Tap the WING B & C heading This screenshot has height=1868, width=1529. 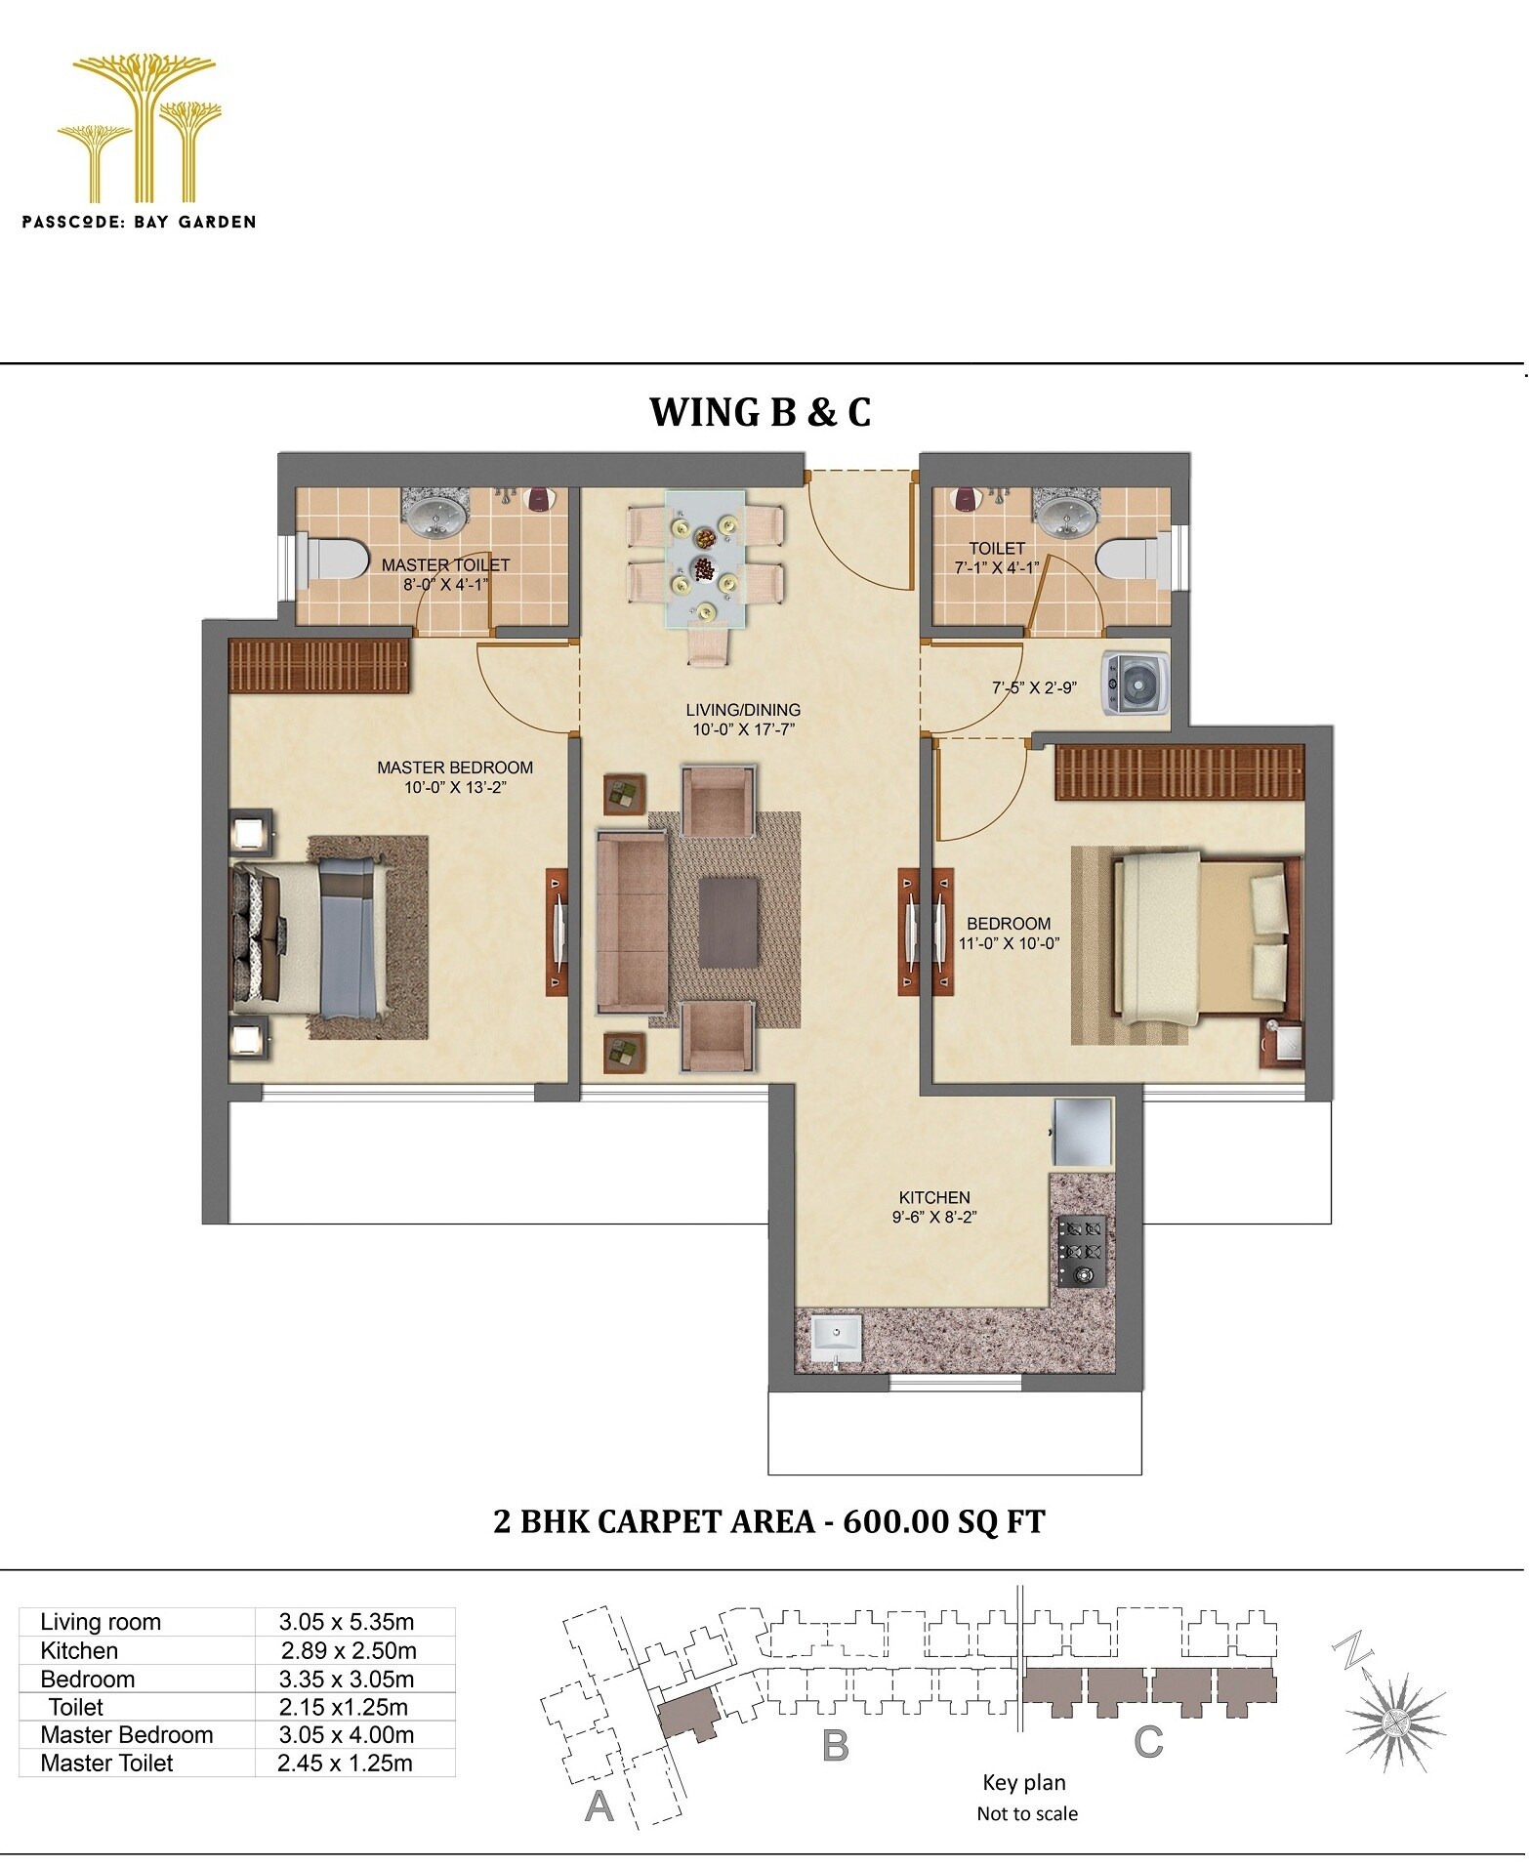[x=760, y=412]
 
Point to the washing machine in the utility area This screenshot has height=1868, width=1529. [x=1136, y=684]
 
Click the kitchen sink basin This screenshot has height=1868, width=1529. [x=836, y=1334]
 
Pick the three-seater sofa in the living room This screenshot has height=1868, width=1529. [x=632, y=921]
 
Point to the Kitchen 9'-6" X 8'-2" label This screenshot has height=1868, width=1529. [x=934, y=1207]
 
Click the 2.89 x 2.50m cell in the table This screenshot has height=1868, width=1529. [x=349, y=1651]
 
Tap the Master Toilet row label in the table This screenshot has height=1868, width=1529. [x=107, y=1764]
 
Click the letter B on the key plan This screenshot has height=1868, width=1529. [x=836, y=1745]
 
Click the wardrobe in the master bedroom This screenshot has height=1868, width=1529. [x=318, y=666]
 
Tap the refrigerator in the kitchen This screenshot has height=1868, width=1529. [x=1082, y=1132]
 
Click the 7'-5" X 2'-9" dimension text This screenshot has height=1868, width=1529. [x=1034, y=687]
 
